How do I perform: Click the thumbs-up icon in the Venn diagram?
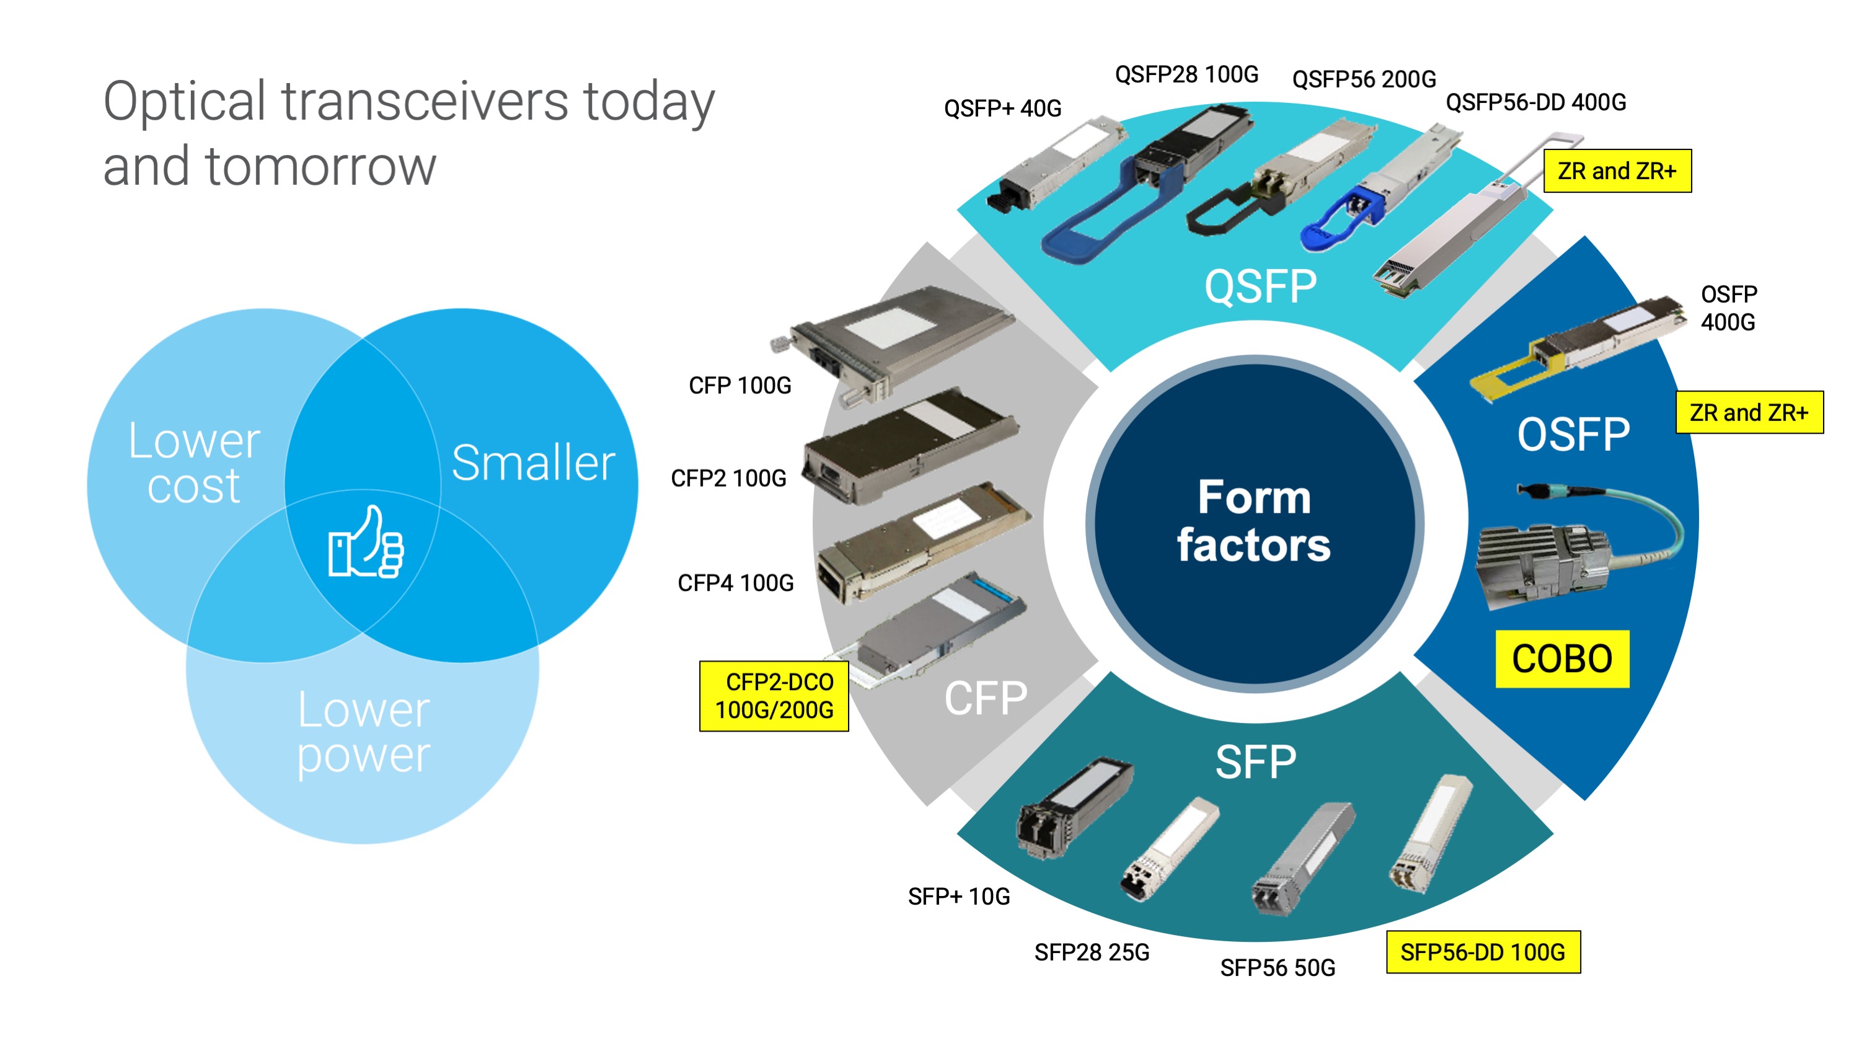pos(366,543)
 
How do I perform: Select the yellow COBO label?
pos(1561,659)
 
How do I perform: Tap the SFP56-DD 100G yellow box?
pos(1483,952)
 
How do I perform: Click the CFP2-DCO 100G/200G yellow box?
pos(774,696)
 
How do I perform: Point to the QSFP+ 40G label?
pos(1002,109)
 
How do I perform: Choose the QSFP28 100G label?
pos(1186,74)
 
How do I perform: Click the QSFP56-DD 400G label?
pos(1535,102)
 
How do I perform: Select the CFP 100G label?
pos(740,386)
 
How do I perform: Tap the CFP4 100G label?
pos(735,583)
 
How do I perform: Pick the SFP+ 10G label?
pos(958,897)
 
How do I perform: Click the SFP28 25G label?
pos(1091,953)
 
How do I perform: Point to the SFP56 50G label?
pos(1278,968)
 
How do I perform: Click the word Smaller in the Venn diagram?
pos(533,463)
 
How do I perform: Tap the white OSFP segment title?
pos(1573,435)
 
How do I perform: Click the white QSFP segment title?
pos(1260,286)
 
